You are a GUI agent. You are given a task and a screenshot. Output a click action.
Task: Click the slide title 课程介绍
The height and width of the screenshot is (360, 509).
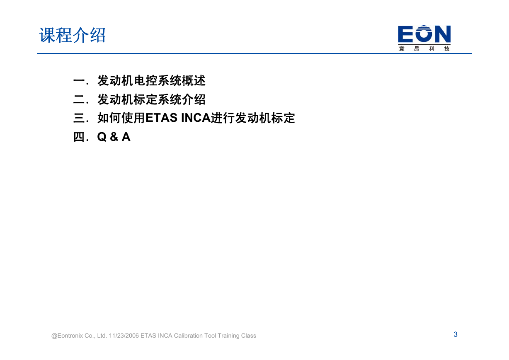coord(72,35)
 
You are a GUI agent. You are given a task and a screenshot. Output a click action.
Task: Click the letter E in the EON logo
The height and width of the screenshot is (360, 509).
coord(406,34)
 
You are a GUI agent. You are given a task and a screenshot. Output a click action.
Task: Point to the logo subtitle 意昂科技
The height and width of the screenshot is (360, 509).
coord(424,48)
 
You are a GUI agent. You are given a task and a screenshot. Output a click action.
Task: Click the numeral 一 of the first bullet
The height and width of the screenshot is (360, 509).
coord(79,81)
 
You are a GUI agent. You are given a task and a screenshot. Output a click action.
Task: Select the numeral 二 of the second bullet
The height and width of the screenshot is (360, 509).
coord(79,99)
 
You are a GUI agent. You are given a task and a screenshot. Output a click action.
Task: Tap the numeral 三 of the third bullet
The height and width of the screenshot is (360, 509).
coord(79,118)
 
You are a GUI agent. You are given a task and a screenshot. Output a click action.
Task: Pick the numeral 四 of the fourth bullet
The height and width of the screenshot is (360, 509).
coord(79,137)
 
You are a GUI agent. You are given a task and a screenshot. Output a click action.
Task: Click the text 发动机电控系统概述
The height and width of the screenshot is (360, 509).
coord(151,81)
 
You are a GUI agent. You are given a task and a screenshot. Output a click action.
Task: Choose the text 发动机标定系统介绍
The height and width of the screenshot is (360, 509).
coord(151,99)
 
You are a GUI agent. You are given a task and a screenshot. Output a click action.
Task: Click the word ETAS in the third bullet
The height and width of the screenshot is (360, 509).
coord(161,118)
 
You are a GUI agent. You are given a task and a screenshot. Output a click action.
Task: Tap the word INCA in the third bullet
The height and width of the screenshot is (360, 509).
coord(196,118)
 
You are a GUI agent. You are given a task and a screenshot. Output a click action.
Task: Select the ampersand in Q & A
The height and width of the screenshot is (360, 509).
coord(114,137)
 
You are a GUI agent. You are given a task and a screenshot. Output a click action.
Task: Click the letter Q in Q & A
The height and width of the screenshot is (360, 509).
coord(102,137)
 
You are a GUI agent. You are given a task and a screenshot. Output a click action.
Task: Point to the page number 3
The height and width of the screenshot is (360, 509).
coord(456,334)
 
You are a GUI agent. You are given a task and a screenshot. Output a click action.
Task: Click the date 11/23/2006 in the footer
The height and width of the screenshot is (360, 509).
coord(124,336)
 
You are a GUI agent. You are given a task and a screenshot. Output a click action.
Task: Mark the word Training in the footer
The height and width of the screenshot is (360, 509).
coord(229,336)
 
